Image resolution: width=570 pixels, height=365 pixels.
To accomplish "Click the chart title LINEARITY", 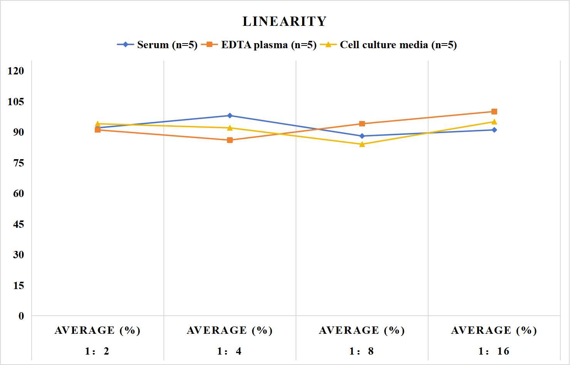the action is pos(284,21).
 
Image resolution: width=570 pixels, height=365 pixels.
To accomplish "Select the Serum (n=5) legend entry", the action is pos(157,45).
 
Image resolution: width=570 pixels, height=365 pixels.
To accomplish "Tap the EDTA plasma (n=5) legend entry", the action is pos(259,45).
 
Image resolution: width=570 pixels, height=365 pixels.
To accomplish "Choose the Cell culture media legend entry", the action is pos(388,45).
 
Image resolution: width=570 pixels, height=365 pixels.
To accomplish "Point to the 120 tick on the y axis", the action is pos(16,71).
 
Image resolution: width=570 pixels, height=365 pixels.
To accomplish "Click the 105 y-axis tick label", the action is pos(16,101).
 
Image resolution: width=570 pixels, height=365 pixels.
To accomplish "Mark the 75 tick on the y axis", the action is pos(18,163).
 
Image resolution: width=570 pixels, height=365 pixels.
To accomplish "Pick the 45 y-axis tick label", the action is pos(18,224).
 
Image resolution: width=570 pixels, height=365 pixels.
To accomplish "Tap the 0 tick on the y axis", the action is pos(21,316).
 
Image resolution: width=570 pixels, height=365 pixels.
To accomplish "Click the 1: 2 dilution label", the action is pos(97,351).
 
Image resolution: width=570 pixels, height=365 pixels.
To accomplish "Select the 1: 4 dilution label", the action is pos(229,351).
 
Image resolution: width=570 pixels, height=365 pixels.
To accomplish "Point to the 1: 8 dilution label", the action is pos(362,351).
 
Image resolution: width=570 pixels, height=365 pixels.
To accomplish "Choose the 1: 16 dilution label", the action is pos(494,351).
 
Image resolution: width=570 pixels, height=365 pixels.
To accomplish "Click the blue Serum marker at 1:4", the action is pos(230,116).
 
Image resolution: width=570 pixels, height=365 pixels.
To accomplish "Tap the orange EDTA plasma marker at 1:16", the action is pos(494,111).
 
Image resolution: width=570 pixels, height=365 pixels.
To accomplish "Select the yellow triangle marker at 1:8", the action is pos(362,144).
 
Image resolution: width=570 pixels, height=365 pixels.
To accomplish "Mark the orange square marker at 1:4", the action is pos(230,140).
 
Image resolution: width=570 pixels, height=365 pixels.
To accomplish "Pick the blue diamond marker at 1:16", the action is pos(494,130).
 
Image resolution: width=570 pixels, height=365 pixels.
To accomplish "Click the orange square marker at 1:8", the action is pos(362,124).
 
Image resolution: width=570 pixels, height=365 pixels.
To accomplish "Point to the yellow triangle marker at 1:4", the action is pos(230,128).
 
